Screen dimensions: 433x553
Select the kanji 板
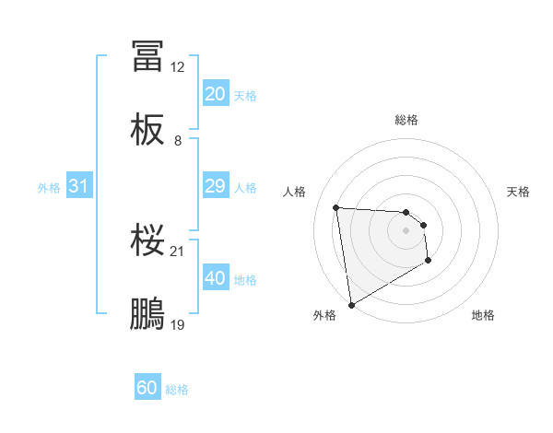pos(147,131)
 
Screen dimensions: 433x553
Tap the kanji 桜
pos(147,241)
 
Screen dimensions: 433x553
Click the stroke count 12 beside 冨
pos(178,67)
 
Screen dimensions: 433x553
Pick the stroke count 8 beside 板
pos(178,141)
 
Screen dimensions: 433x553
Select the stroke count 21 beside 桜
pos(178,252)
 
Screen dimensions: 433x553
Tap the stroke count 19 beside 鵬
pos(178,325)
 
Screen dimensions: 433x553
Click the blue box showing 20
pos(215,94)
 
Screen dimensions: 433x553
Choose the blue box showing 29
pos(215,186)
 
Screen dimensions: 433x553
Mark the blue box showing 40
pos(215,278)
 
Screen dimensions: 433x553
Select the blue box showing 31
pos(79,186)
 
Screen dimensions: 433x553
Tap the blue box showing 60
pos(147,388)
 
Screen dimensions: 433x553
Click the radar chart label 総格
pos(406,120)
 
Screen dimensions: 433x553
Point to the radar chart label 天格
pos(519,192)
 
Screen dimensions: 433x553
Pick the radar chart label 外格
pos(324,316)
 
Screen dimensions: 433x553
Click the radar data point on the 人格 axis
pos(336,207)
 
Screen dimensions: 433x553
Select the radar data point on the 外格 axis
pos(351,304)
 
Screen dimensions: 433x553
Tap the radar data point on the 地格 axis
pos(429,261)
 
